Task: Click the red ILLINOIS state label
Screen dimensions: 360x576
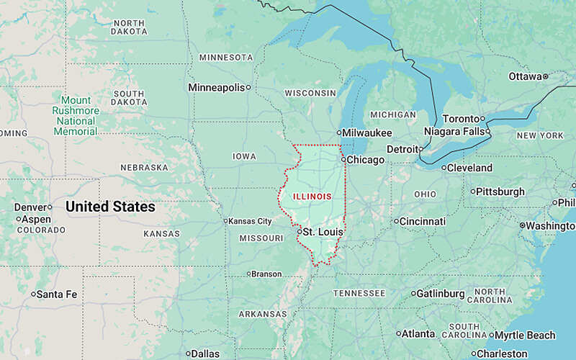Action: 312,196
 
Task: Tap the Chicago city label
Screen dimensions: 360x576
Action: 366,160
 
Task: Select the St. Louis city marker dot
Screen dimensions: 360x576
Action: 299,232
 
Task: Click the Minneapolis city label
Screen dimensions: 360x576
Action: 216,87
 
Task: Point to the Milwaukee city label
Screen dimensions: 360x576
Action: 367,133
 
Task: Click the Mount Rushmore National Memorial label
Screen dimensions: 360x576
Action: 76,116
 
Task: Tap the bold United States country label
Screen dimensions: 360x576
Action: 110,207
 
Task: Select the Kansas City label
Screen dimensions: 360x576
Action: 251,221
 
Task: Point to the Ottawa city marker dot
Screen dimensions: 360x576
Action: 546,76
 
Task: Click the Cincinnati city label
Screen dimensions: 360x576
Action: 423,221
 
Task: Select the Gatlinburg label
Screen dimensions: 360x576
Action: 441,293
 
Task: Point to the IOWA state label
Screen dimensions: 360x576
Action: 244,156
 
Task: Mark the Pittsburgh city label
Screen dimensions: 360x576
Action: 501,192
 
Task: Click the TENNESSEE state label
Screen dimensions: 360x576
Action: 359,293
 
